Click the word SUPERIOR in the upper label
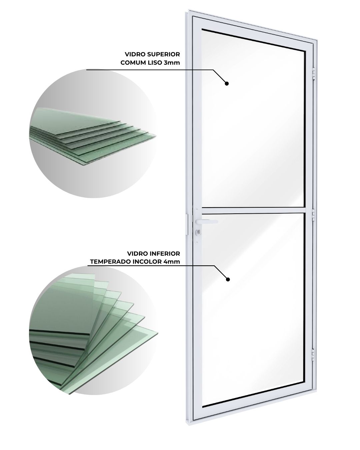163,54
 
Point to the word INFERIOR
165,253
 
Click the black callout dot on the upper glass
227,83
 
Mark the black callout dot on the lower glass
228,279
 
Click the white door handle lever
207,221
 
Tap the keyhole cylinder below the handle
198,231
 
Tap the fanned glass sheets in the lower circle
93,335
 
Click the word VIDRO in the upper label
135,54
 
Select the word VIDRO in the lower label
138,253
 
